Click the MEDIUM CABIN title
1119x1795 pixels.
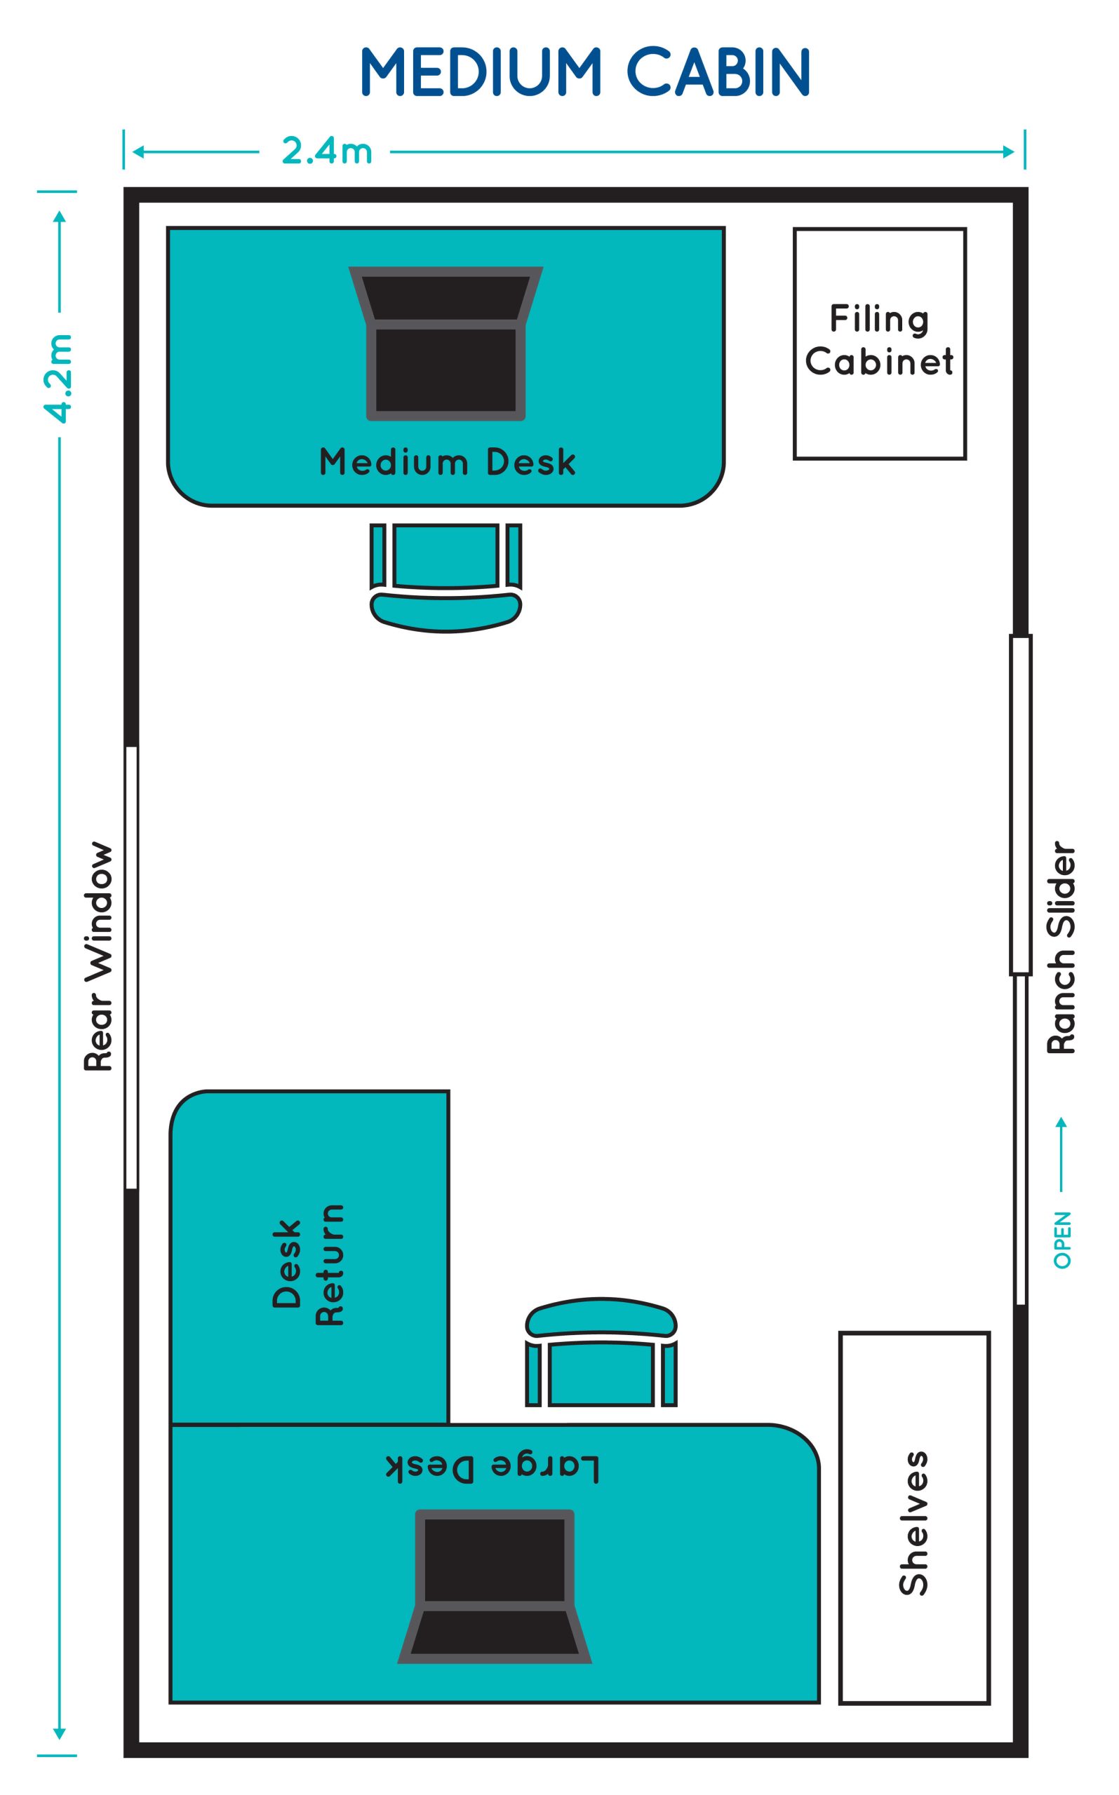(584, 72)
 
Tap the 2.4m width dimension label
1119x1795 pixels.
(326, 151)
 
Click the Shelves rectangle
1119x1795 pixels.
(914, 1516)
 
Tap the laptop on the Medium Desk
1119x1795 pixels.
(445, 343)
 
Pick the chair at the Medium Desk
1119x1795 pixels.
(445, 577)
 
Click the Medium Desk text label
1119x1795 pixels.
(447, 462)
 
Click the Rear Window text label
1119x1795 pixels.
(98, 956)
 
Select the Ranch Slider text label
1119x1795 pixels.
(1061, 947)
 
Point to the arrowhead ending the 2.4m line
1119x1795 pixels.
(1008, 151)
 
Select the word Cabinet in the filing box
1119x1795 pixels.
(879, 362)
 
